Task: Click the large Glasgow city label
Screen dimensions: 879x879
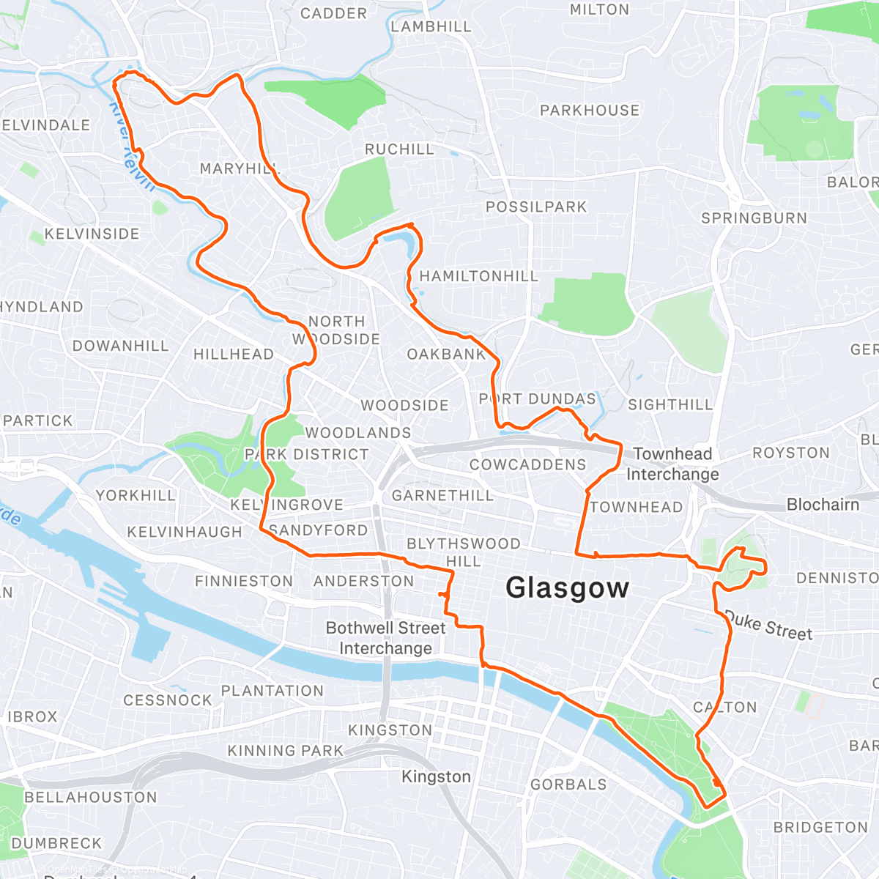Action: tap(567, 588)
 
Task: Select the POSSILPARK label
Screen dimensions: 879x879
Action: tap(536, 207)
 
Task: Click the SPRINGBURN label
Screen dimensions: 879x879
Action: tap(754, 218)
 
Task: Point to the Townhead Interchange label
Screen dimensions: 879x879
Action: tap(672, 464)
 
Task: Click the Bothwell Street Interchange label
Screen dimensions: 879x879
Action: tap(385, 638)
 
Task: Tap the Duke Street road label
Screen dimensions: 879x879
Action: tap(768, 625)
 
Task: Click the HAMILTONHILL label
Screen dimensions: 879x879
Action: tap(478, 276)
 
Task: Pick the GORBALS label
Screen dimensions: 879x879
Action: tap(568, 785)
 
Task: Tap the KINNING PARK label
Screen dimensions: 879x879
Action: tap(285, 751)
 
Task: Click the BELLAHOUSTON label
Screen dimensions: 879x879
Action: tap(91, 797)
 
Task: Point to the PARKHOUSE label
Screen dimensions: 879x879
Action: tap(590, 111)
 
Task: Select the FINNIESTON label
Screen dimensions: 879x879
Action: tap(244, 581)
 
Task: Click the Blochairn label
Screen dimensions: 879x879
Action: tap(823, 505)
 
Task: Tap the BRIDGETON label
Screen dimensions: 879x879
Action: tap(820, 827)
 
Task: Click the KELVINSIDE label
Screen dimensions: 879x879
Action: tap(92, 234)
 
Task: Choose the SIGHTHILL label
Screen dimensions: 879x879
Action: tap(670, 404)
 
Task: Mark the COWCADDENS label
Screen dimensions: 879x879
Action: tap(527, 464)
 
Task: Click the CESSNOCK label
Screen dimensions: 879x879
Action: tap(167, 700)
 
